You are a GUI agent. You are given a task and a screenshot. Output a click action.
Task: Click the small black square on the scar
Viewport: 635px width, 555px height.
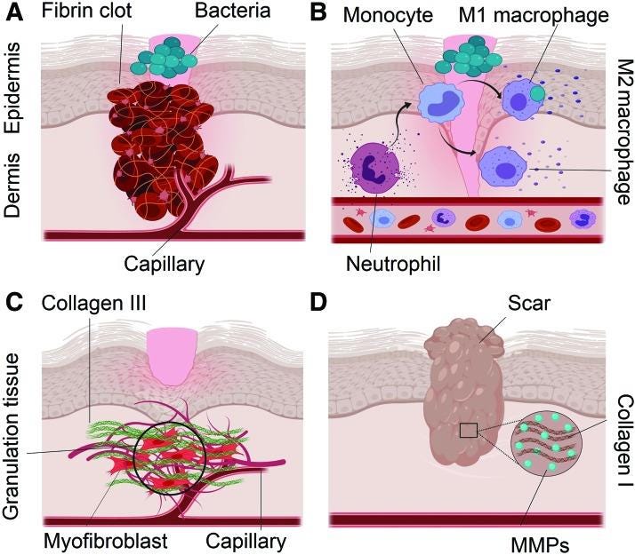tap(469, 431)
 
